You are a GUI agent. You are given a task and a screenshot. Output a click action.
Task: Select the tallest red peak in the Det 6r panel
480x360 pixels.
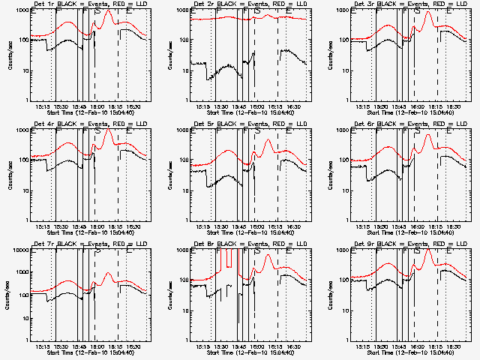coord(428,135)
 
